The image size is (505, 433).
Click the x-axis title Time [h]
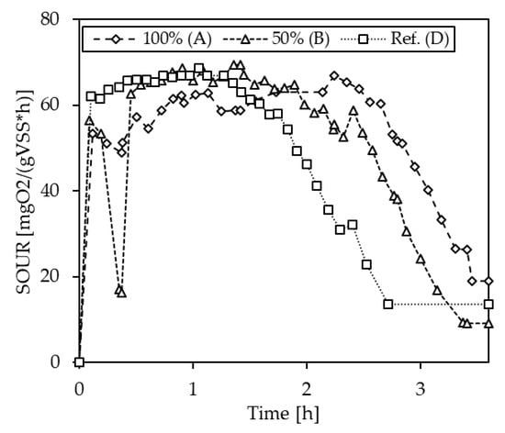click(x=284, y=413)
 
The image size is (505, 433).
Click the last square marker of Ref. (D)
click(x=488, y=304)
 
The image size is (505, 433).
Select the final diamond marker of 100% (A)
click(x=488, y=281)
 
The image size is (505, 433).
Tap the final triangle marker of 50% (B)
click(x=488, y=323)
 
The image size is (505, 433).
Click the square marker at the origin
click(x=79, y=361)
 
